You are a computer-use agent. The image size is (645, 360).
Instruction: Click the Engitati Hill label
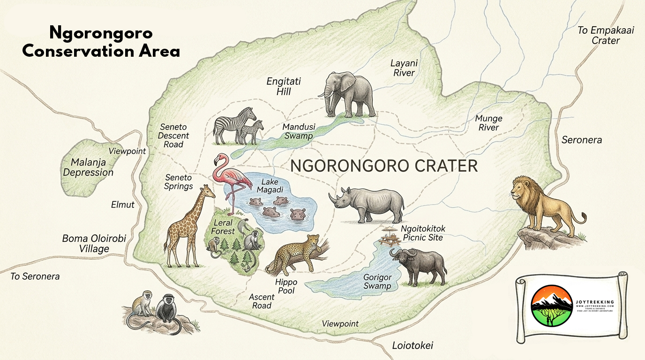click(284, 86)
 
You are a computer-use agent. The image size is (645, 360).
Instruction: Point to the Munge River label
click(488, 123)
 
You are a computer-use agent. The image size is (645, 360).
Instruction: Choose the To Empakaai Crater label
click(606, 36)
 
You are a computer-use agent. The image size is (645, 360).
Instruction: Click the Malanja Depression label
click(88, 167)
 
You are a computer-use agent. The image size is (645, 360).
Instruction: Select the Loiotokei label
click(412, 346)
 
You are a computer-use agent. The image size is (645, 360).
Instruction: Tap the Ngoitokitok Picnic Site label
click(423, 233)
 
